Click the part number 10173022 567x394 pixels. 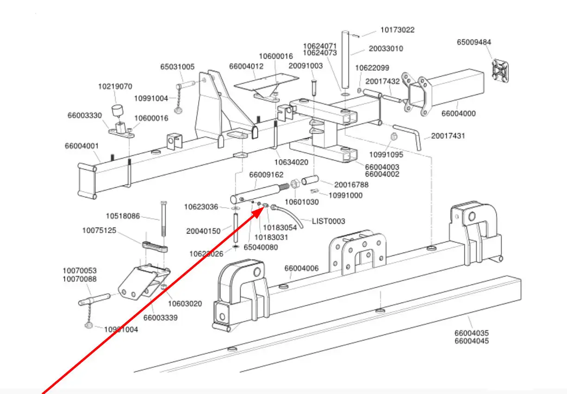(x=398, y=30)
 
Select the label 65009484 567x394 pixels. (x=474, y=42)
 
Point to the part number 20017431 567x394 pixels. (x=448, y=136)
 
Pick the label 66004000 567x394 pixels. (x=458, y=113)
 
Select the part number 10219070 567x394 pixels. (x=115, y=86)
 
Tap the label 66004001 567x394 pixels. (x=82, y=146)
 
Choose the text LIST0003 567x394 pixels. (x=328, y=221)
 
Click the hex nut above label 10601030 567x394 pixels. (x=294, y=185)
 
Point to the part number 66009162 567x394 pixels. (x=266, y=175)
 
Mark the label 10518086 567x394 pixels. (x=123, y=215)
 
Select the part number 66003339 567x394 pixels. (x=160, y=318)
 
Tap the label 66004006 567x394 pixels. (x=301, y=268)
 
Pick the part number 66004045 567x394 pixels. (x=471, y=341)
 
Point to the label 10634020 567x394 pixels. (x=291, y=162)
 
